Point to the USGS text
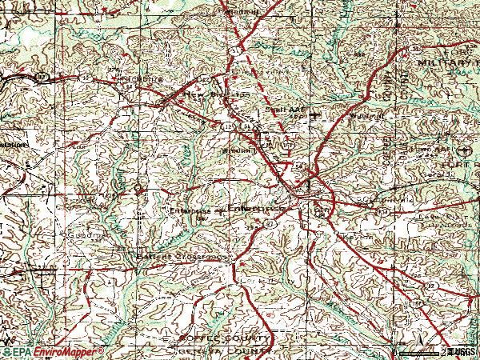(463, 350)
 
